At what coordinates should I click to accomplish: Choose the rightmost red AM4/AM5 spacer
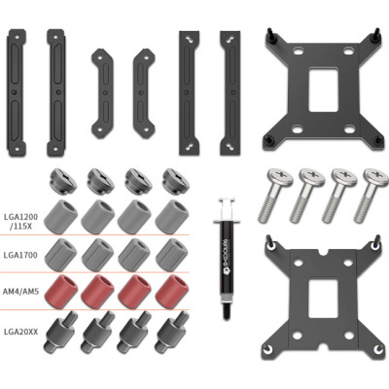(171, 289)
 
